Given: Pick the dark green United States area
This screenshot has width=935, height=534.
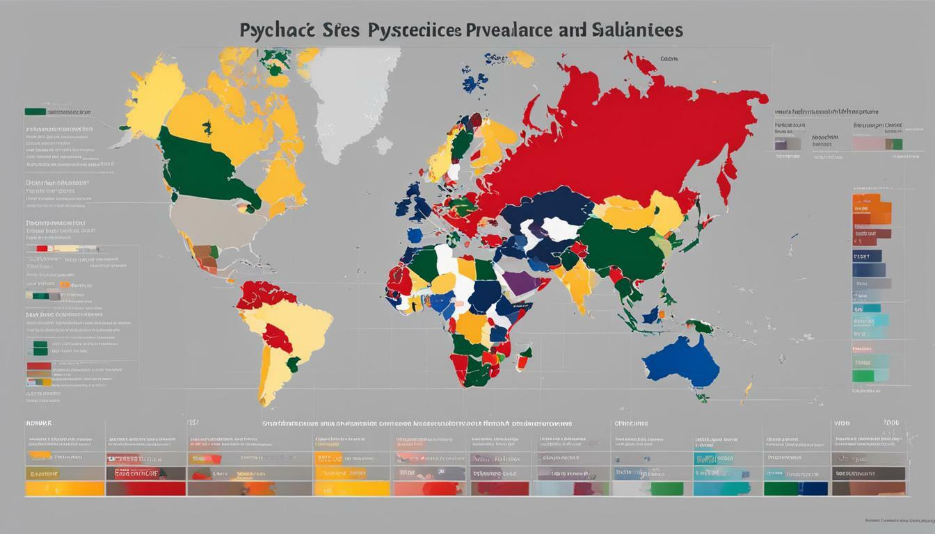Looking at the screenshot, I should [x=202, y=170].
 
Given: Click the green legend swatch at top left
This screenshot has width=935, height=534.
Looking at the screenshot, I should [x=35, y=111].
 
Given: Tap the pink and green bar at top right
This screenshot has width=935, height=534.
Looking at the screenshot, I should [x=877, y=144].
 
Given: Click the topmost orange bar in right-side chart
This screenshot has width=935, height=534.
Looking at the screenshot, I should [x=872, y=203].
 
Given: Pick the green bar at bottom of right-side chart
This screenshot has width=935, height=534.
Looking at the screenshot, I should [x=863, y=376].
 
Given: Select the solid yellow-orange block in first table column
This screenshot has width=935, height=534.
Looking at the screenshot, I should [x=64, y=489].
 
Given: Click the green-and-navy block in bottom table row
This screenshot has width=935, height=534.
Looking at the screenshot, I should [x=795, y=489].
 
